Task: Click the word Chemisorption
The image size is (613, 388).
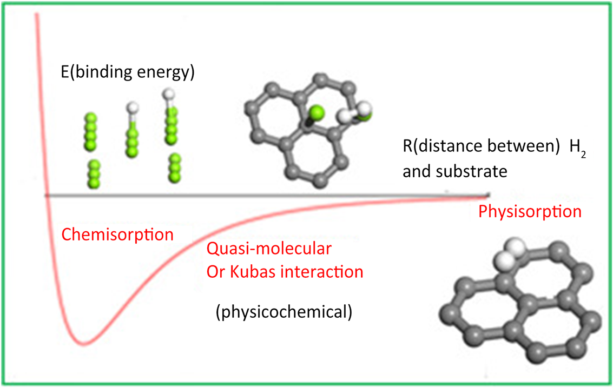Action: point(117,235)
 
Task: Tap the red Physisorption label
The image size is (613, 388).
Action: point(530,211)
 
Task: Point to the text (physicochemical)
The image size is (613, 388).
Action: point(284,312)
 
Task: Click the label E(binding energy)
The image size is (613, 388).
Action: point(128,72)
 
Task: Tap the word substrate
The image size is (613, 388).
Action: point(475,172)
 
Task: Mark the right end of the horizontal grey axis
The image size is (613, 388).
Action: point(488,195)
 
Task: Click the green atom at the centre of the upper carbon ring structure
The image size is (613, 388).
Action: point(316,113)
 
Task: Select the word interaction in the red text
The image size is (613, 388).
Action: point(325,272)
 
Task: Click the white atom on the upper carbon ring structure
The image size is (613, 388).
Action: point(346,115)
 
